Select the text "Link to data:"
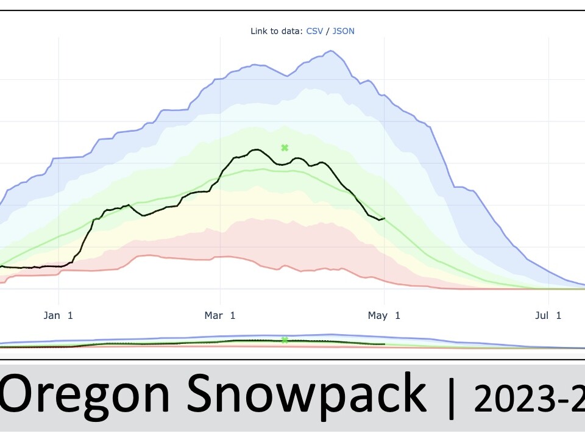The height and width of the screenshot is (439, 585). click(276, 30)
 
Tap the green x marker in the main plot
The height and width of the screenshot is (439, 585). click(284, 148)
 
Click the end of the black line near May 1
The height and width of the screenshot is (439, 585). click(384, 218)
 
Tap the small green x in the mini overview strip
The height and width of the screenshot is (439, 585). click(285, 340)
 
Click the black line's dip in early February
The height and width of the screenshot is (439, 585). click(143, 215)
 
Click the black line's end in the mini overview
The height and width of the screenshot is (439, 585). click(384, 344)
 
